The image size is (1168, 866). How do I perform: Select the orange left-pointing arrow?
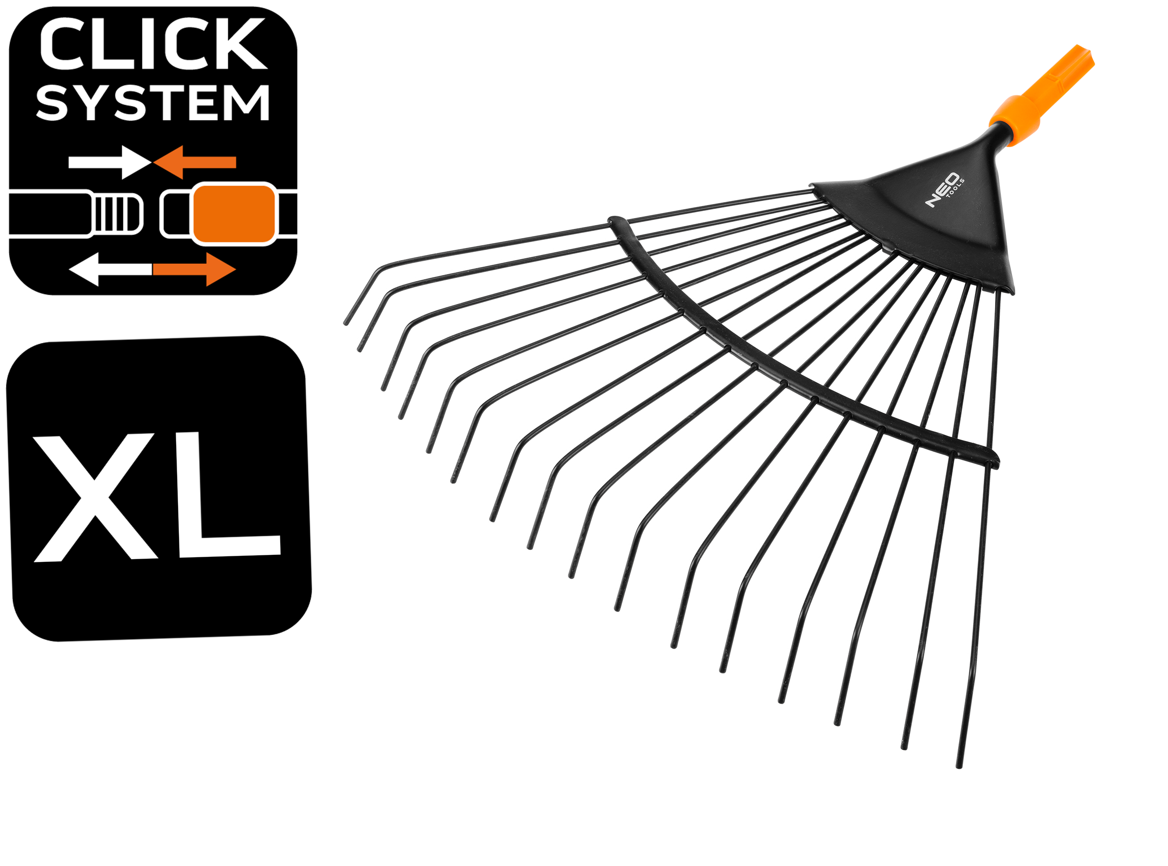[x=195, y=162]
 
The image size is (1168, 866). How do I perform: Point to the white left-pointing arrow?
[x=110, y=269]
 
